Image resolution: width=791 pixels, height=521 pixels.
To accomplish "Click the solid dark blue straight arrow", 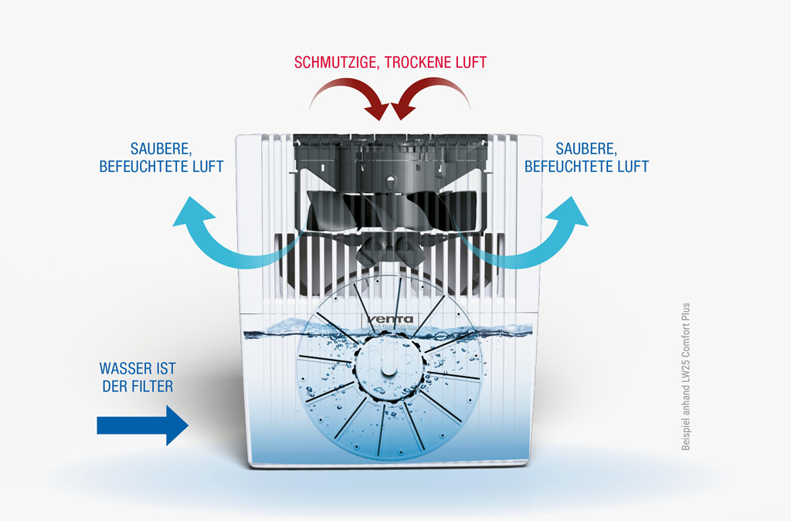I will point(142,425).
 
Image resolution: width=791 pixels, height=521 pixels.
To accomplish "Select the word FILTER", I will point(154,386).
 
